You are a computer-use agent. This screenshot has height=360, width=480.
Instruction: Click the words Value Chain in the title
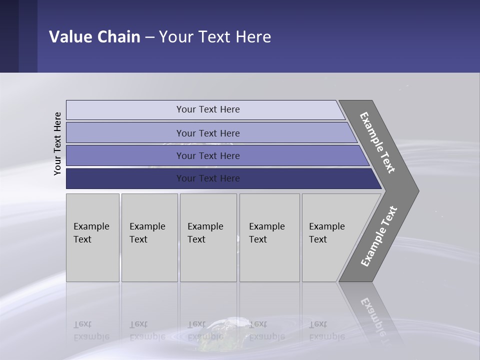[x=94, y=37]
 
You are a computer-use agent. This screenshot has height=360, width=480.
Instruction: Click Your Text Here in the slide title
[x=215, y=37]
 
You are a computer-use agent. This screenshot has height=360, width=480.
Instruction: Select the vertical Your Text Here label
[x=57, y=143]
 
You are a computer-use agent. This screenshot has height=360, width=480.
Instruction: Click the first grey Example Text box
[x=92, y=237]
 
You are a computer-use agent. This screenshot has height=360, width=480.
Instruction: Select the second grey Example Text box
[x=149, y=237]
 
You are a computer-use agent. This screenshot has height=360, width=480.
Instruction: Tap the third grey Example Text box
[x=208, y=237]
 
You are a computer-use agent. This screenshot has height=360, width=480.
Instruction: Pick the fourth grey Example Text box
[x=269, y=237]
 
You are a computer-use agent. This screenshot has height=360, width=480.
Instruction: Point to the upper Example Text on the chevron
[x=377, y=142]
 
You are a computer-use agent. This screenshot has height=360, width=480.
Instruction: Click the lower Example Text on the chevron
[x=378, y=236]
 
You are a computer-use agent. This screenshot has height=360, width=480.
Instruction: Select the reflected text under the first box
[x=91, y=330]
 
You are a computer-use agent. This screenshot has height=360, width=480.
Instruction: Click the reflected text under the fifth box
[x=326, y=330]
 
